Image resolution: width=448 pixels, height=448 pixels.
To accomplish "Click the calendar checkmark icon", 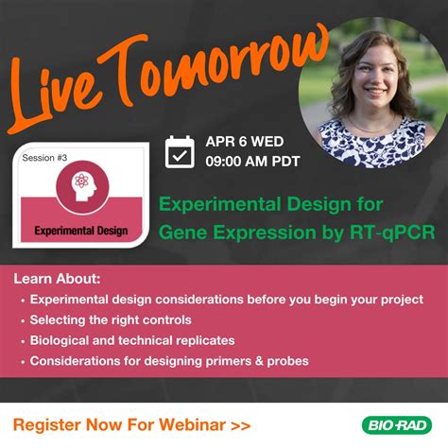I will (180, 152).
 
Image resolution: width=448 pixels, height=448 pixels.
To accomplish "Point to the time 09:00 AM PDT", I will (252, 162).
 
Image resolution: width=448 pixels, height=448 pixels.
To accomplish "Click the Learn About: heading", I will (56, 279).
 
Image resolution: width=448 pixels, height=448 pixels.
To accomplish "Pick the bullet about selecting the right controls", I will (111, 320).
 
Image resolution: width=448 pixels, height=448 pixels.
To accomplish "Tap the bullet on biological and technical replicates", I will (132, 340).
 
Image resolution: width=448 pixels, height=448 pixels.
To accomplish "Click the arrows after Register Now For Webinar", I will (240, 425).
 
